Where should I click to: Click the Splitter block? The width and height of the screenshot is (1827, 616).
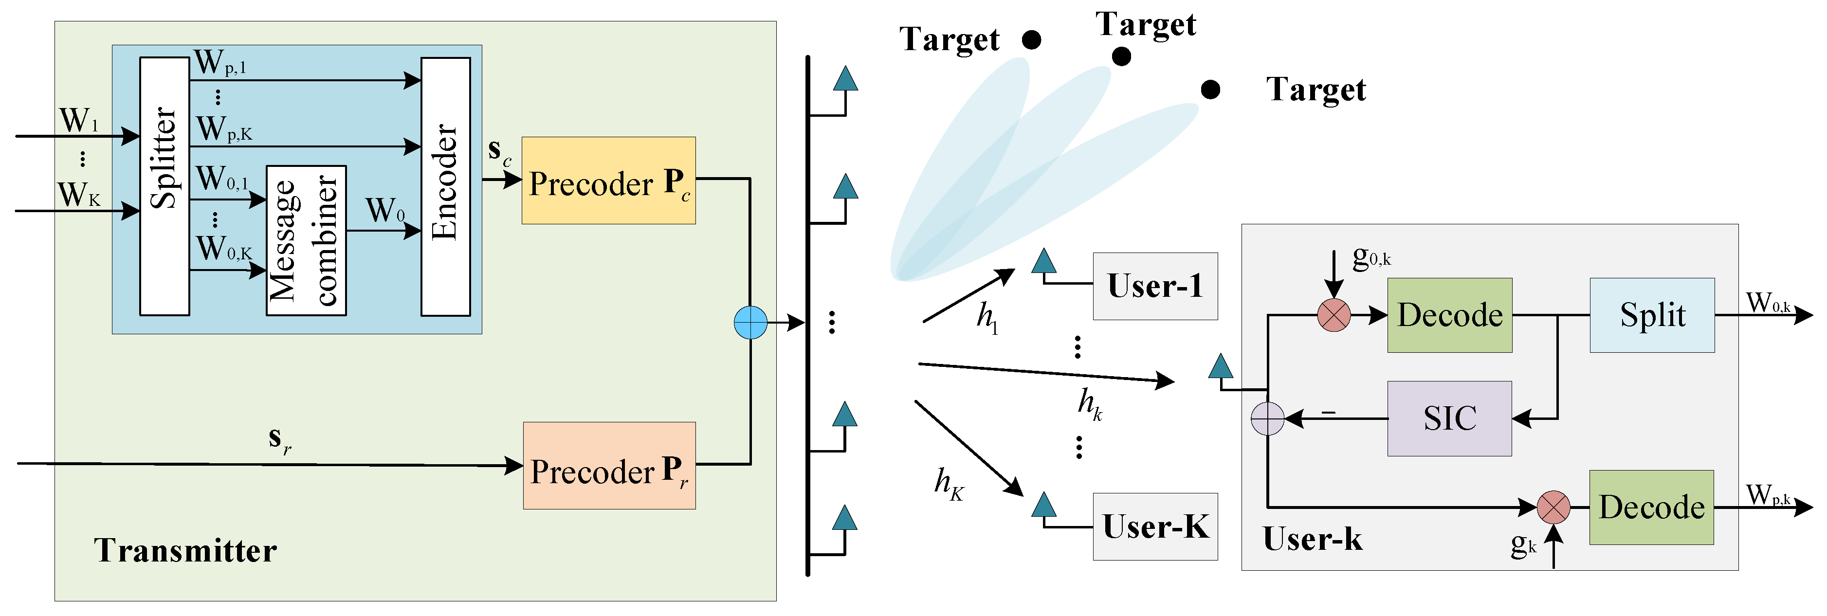coord(164,186)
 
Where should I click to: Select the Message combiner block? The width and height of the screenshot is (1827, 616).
coord(306,240)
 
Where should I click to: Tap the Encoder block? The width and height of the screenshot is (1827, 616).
coord(445,186)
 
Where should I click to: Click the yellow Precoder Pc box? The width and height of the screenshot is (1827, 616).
coord(608,181)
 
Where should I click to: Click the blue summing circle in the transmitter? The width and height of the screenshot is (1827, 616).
coord(750,323)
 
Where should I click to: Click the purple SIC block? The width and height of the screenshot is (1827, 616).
coord(1449,418)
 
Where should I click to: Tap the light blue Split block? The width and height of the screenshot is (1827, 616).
coord(1652,315)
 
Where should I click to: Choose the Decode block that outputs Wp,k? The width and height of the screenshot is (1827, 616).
coord(1651,507)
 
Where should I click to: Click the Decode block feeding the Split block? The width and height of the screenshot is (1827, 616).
coord(1449,315)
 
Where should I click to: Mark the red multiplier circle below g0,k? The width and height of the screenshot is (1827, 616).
coord(1334,315)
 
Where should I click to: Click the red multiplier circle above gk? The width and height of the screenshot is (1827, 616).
coord(1553,507)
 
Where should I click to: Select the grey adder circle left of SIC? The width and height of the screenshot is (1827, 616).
coord(1267,419)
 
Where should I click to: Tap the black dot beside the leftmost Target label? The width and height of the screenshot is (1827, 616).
coord(1031,40)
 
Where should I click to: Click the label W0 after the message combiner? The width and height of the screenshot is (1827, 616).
coord(385,211)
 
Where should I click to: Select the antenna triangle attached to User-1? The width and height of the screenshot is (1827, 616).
coord(1043,262)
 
